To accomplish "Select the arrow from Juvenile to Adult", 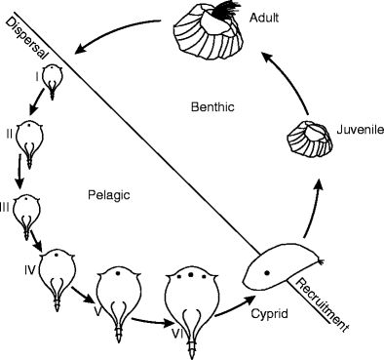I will click(x=318, y=77).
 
